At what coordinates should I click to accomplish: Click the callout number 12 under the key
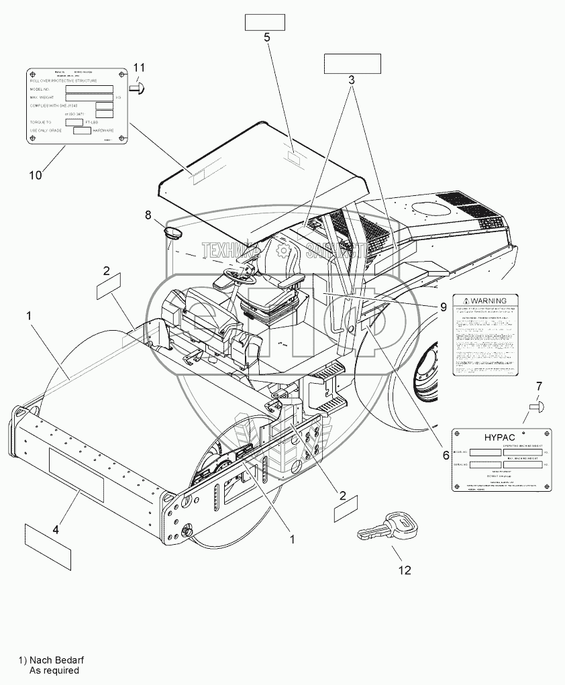tap(405, 570)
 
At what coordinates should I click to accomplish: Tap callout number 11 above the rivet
tap(139, 67)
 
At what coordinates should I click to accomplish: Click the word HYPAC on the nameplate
tap(499, 437)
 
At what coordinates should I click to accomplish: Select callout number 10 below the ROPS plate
tap(35, 175)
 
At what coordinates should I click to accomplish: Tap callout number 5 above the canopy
tap(267, 38)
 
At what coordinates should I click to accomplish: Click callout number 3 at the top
tap(351, 79)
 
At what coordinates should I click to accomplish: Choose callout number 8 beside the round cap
tap(148, 215)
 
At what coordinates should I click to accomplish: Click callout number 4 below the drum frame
tap(56, 529)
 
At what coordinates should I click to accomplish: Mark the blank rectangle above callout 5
tap(264, 23)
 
